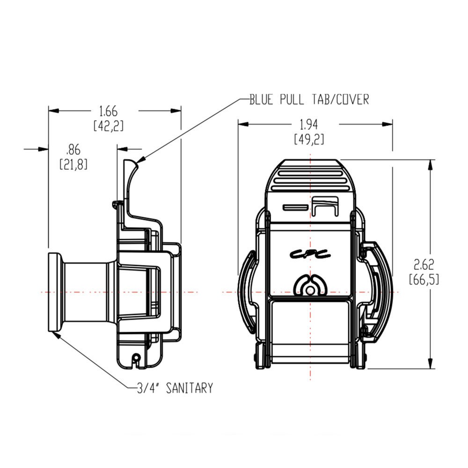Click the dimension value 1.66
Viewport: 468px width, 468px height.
(108, 111)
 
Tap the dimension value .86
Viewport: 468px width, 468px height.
(73, 150)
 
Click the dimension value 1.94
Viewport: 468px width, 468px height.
(309, 124)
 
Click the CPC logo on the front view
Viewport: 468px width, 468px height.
(309, 254)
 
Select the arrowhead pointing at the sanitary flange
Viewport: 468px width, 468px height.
(58, 333)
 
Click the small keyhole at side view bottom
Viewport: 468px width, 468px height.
(136, 358)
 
